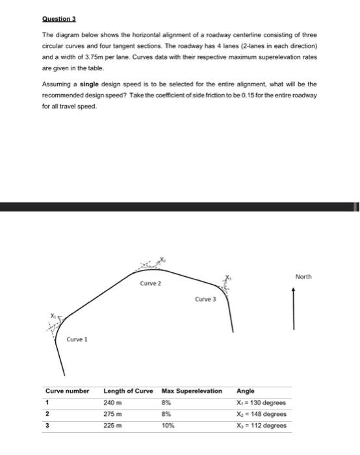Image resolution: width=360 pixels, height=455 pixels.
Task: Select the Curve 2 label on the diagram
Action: [x=151, y=283]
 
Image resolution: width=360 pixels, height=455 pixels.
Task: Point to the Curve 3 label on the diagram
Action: [x=205, y=300]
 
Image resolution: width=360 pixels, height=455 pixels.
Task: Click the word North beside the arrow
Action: [x=303, y=277]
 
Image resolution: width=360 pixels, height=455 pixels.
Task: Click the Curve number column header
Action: [x=67, y=391]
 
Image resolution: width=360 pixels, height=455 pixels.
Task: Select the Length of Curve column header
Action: [x=128, y=391]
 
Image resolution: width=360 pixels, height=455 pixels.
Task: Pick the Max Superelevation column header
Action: [x=191, y=391]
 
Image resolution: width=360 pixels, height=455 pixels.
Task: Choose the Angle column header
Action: [x=246, y=391]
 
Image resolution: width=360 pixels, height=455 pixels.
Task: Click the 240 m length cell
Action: [x=113, y=402]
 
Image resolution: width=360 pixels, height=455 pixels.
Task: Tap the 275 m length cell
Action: [x=113, y=414]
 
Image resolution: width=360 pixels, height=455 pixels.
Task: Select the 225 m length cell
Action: [x=113, y=426]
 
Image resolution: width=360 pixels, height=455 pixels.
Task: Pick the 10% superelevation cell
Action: [x=168, y=426]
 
